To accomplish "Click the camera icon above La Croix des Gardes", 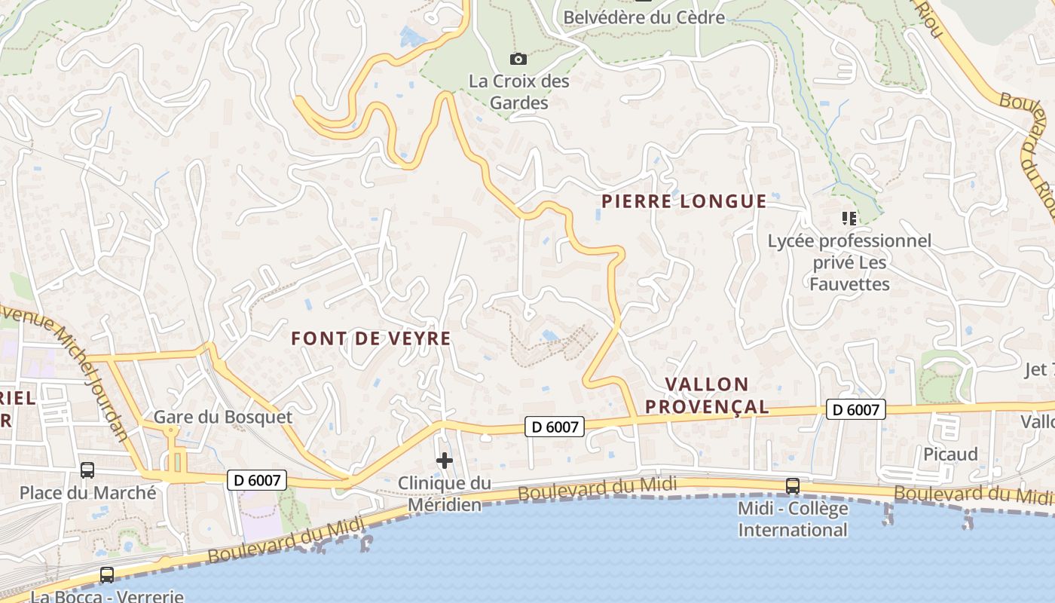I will [518, 59].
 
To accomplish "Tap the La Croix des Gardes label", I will [519, 91].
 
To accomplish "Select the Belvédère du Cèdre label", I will [644, 17].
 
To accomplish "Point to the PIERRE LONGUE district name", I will [683, 201].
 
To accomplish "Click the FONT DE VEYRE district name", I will [372, 338].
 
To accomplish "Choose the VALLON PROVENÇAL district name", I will [707, 396].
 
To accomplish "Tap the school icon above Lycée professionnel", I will [849, 219].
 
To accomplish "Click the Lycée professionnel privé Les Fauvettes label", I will [849, 262].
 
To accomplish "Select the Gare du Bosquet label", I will [223, 417].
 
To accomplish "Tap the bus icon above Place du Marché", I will [87, 470].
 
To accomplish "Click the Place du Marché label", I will [87, 493].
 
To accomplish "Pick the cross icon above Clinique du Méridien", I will [445, 460].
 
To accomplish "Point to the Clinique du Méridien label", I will [445, 494].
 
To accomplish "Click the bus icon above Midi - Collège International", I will [793, 486].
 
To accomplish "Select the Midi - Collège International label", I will [793, 519].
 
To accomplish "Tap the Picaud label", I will [950, 454].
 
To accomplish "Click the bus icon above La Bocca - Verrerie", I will [107, 574].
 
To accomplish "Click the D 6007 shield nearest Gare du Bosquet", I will [257, 479].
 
